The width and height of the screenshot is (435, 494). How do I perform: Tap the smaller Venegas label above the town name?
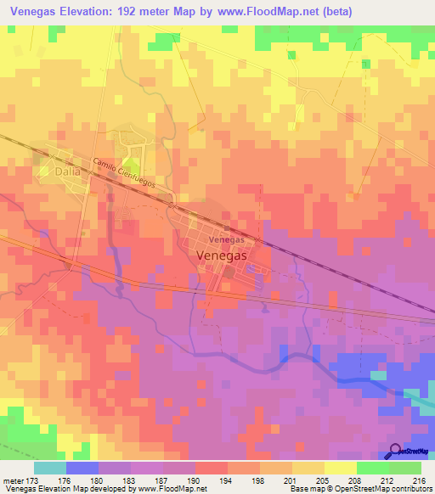[x=227, y=240]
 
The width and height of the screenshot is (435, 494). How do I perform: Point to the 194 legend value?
[x=228, y=481]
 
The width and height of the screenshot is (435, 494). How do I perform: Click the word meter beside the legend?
[x=12, y=481]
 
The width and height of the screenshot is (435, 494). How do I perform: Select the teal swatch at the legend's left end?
[x=50, y=468]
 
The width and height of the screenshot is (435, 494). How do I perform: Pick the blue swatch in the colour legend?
[x=82, y=468]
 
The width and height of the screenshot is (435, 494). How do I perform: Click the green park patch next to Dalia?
[x=132, y=166]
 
